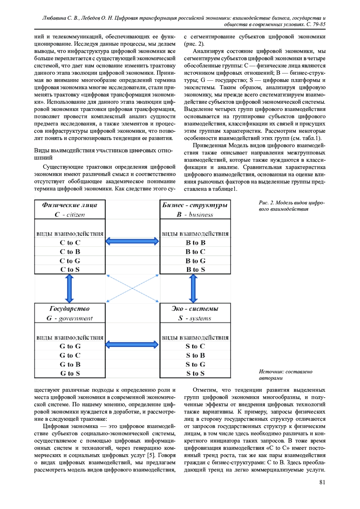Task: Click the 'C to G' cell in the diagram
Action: pos(70,261)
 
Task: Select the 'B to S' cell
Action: pos(196,269)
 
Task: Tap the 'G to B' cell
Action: pos(70,364)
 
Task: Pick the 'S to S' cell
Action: pos(196,373)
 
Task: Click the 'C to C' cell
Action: pos(70,242)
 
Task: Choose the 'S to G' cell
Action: pos(196,364)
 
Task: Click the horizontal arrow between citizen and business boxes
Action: pos(132,241)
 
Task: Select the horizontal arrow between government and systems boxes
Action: pos(132,344)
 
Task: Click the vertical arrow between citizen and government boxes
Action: pos(70,288)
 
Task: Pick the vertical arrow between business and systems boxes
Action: pos(193,288)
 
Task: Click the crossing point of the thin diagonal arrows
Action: pos(132,288)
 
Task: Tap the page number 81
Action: pos(322,482)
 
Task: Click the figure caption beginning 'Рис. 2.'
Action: pos(291,206)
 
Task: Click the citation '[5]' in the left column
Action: pos(151,455)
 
